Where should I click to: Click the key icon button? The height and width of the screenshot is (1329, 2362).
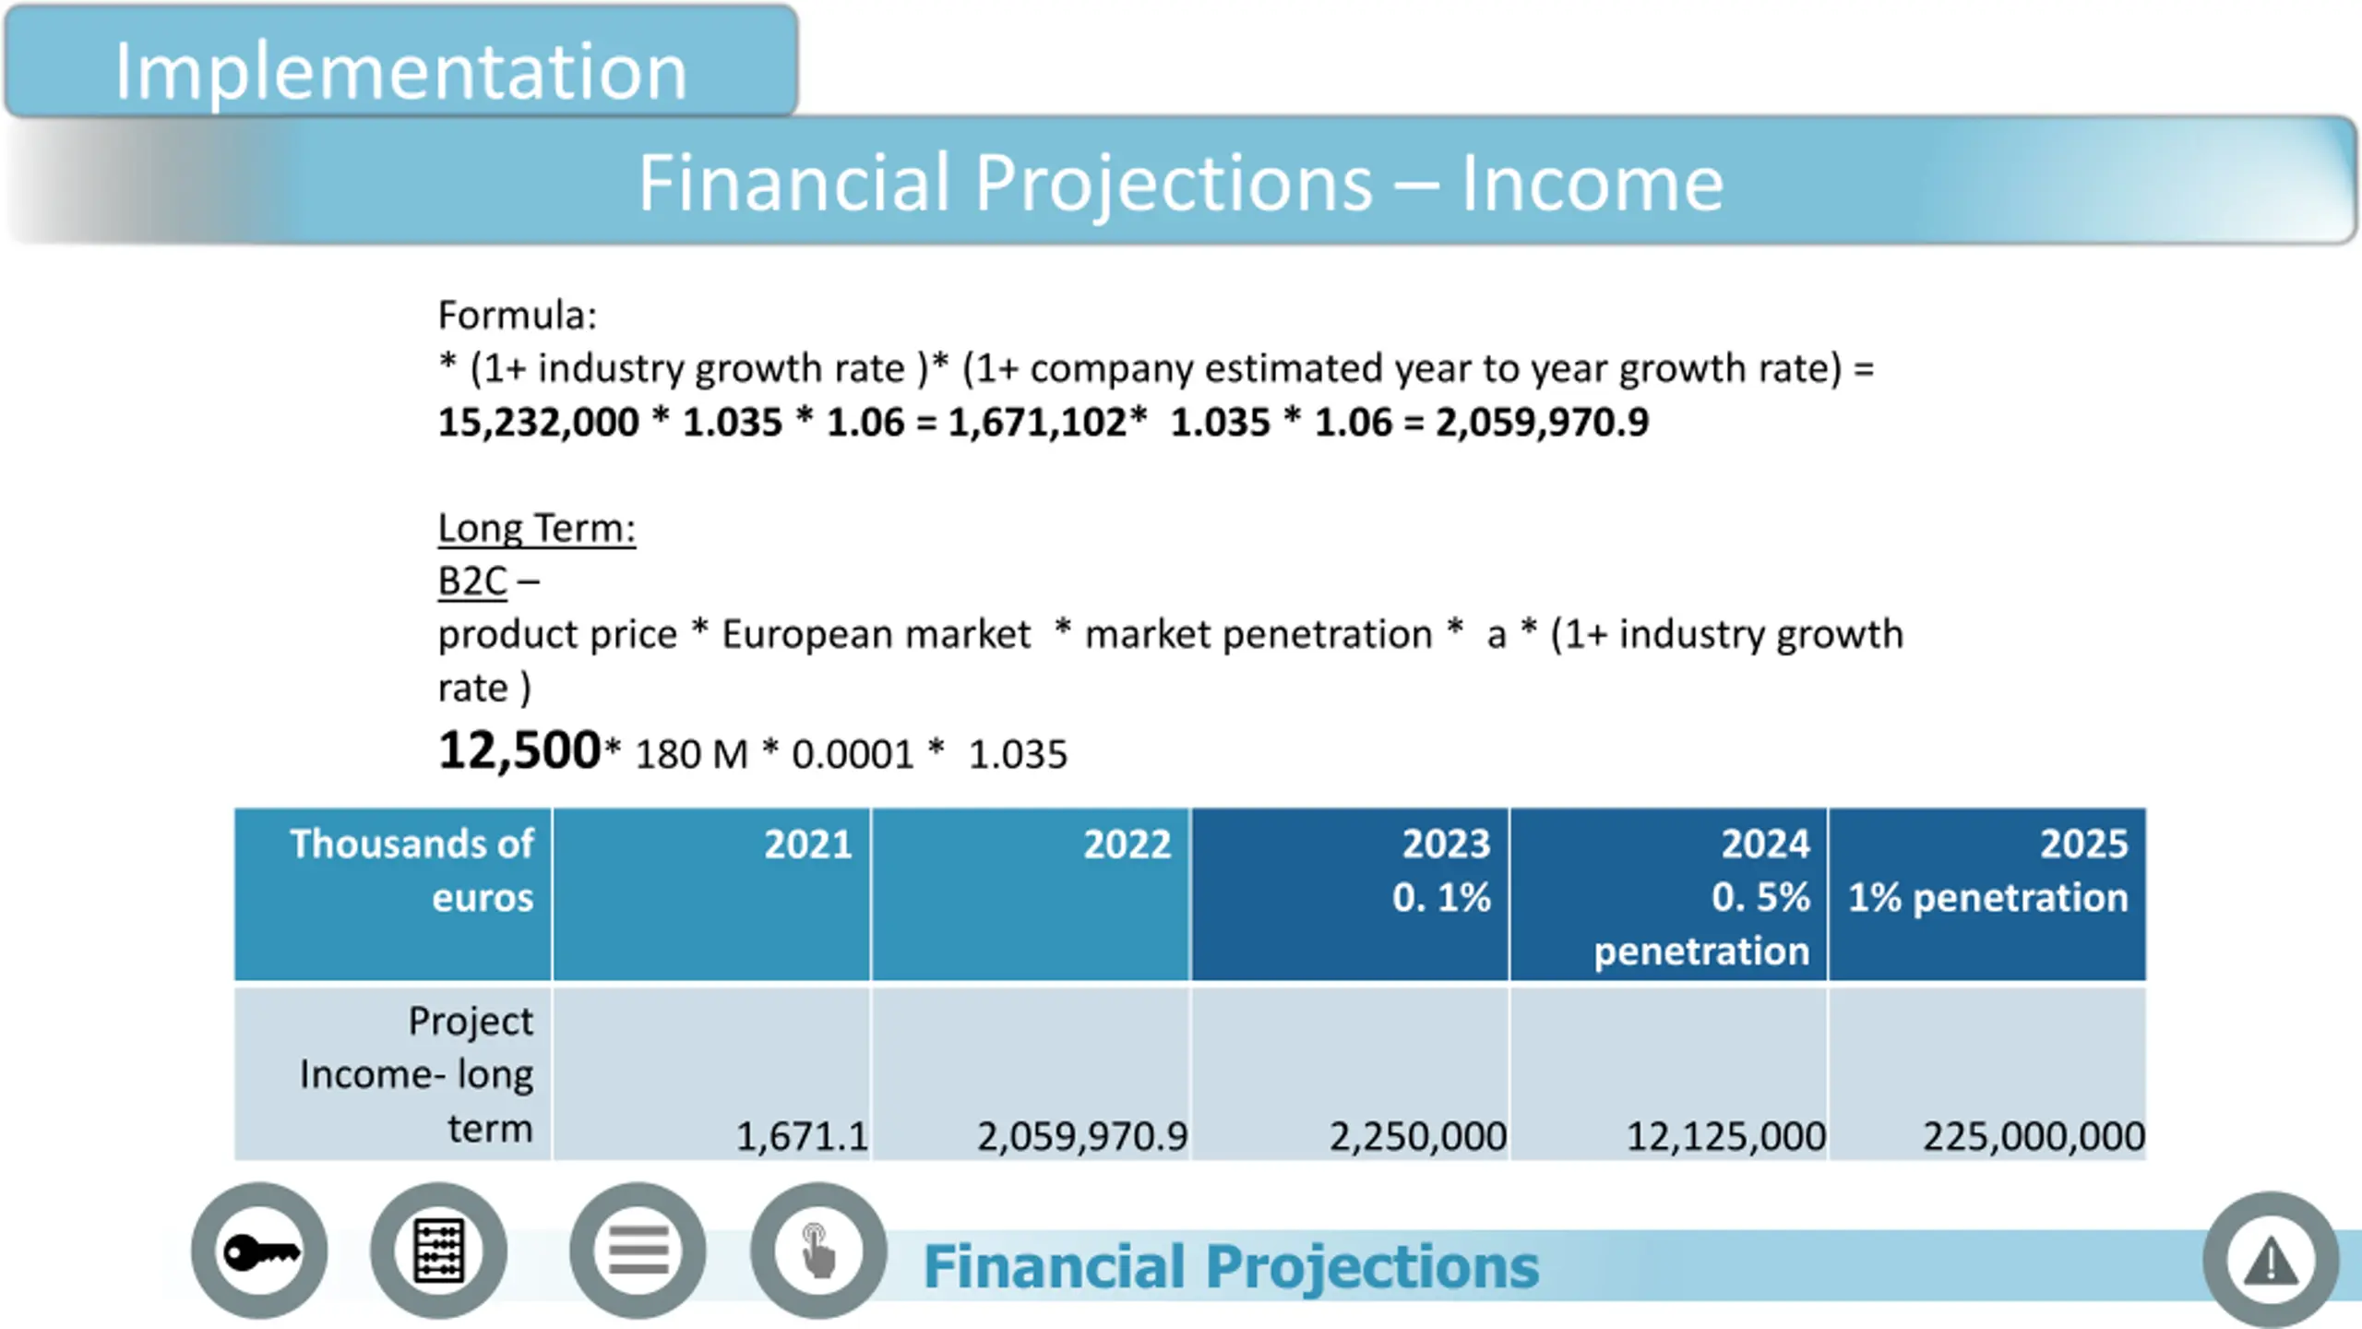pyautogui.click(x=260, y=1252)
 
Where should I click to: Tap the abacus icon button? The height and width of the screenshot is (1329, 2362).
pyautogui.click(x=439, y=1252)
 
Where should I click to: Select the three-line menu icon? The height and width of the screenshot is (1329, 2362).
pyautogui.click(x=638, y=1252)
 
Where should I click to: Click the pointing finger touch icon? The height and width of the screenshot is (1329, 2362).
pyautogui.click(x=817, y=1252)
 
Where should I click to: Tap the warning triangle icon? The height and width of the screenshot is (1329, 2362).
pyautogui.click(x=2271, y=1261)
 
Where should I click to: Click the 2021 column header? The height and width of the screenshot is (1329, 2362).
pyautogui.click(x=807, y=844)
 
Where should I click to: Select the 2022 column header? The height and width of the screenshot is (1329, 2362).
pyautogui.click(x=1127, y=844)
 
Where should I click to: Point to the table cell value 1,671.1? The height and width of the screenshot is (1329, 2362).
pyautogui.click(x=801, y=1136)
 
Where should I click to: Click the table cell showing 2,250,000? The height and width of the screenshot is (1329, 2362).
pyautogui.click(x=1417, y=1136)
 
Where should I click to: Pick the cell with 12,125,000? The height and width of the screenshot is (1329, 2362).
pyautogui.click(x=1725, y=1136)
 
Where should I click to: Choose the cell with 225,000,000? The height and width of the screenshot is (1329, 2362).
pyautogui.click(x=2034, y=1136)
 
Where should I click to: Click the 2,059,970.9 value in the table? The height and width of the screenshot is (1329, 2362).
pyautogui.click(x=1082, y=1136)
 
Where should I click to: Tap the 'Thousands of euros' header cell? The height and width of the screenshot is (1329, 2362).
pyautogui.click(x=412, y=870)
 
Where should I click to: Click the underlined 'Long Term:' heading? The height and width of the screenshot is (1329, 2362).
pyautogui.click(x=536, y=529)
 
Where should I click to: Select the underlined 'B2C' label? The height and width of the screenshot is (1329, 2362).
pyautogui.click(x=472, y=581)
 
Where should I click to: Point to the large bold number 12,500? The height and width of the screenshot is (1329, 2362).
pyautogui.click(x=519, y=749)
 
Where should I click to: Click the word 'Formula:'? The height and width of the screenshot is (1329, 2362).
pyautogui.click(x=518, y=316)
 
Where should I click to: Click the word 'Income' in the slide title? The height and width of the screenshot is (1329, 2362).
pyautogui.click(x=1592, y=184)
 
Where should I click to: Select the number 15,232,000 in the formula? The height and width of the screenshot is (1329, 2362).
pyautogui.click(x=538, y=423)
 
